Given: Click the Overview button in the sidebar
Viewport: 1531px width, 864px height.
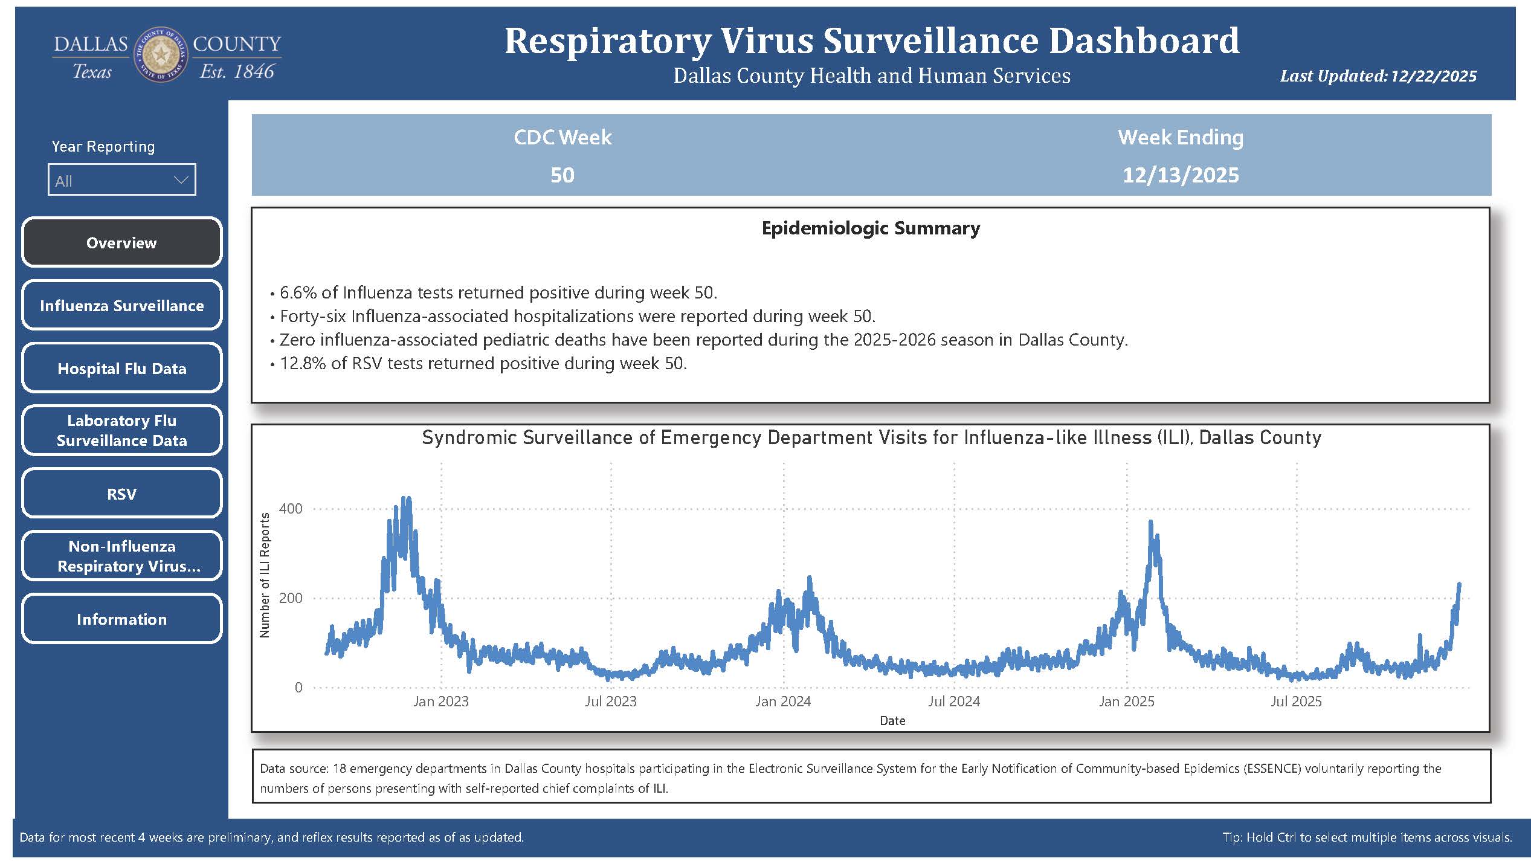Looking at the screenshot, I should click(121, 242).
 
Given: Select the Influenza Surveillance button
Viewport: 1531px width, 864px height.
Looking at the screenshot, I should click(121, 305).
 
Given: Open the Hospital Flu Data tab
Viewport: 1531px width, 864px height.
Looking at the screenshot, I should click(121, 368).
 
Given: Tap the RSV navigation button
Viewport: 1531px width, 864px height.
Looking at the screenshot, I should click(121, 494).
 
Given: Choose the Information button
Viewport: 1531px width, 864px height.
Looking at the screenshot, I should click(121, 619).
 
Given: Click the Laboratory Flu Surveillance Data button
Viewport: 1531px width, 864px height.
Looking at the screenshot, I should click(121, 430).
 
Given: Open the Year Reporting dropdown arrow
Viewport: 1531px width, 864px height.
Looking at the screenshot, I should click(181, 180).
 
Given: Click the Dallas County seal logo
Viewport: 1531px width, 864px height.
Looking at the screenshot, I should click(161, 55).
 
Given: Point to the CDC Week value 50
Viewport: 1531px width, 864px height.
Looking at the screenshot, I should click(562, 175).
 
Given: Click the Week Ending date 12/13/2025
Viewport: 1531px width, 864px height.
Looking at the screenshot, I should click(1180, 175).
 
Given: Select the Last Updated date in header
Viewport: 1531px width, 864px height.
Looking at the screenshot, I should click(1433, 76).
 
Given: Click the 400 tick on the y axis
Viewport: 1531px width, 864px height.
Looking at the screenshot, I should click(291, 509).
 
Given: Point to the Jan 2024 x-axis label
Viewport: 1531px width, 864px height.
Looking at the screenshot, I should click(782, 701).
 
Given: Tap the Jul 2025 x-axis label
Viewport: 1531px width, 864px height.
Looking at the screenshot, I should click(1296, 701).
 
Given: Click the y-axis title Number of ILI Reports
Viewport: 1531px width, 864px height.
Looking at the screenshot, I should click(265, 575).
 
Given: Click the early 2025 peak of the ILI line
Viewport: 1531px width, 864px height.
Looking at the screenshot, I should click(1150, 522).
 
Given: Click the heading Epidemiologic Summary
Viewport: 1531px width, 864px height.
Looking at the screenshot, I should click(871, 228).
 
